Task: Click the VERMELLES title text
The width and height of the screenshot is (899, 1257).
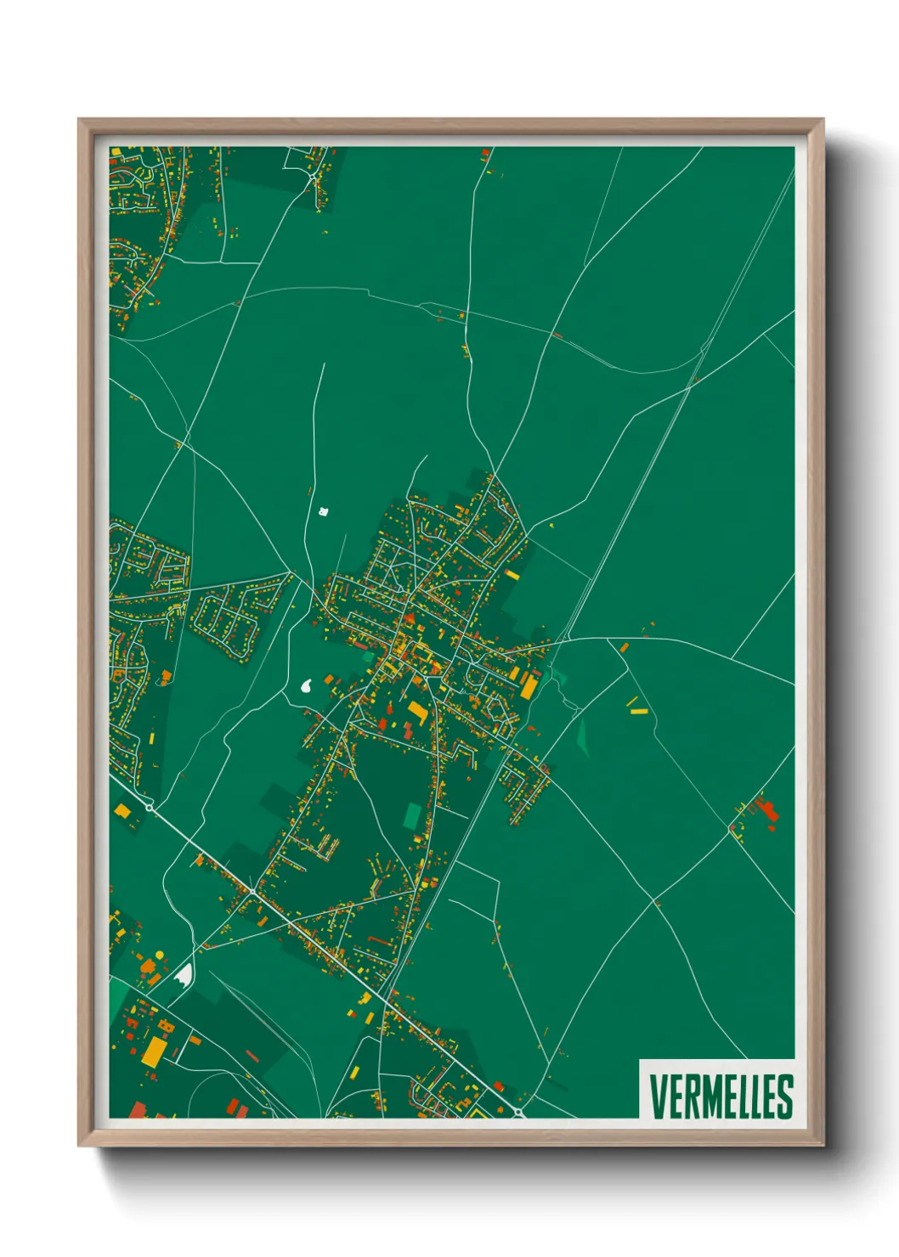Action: tap(721, 1096)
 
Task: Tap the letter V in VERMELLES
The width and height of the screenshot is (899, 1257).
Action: tap(658, 1096)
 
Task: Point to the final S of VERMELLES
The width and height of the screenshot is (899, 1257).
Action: tap(784, 1096)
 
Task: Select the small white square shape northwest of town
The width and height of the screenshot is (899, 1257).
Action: tap(323, 511)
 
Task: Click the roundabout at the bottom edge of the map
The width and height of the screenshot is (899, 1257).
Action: tap(517, 1112)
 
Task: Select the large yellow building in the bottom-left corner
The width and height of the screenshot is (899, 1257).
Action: tap(155, 1051)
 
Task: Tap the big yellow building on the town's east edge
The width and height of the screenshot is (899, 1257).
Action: tap(529, 686)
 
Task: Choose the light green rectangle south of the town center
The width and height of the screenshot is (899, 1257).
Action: tap(412, 816)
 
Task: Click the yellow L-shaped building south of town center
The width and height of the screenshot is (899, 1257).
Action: tap(417, 710)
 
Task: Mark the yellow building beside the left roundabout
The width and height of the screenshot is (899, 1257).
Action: tap(123, 811)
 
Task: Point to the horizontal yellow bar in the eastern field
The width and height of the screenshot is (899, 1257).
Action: tap(639, 712)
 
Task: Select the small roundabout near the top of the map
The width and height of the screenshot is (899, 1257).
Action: tap(312, 174)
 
